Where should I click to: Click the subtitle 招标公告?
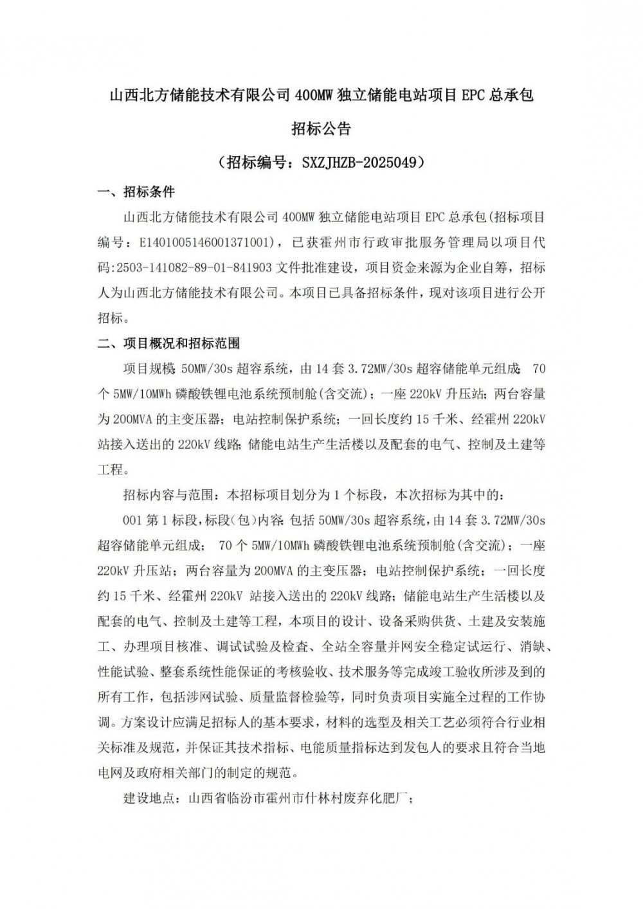point(321,129)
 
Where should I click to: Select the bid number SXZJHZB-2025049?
point(362,161)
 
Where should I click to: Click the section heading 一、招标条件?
point(135,192)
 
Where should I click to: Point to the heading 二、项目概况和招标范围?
point(168,343)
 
